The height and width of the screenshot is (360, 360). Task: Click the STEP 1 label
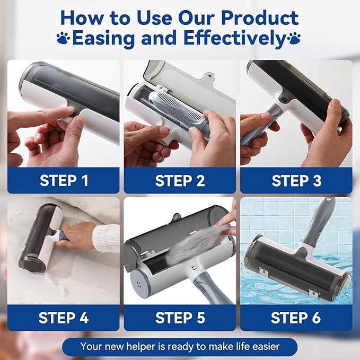64,180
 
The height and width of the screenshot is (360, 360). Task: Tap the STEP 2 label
180,180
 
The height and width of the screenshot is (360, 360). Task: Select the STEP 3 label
296,180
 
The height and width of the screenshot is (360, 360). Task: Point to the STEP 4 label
64,318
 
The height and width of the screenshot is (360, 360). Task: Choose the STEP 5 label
180,318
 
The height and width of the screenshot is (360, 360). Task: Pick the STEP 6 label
296,318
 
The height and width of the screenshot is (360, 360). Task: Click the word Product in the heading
260,18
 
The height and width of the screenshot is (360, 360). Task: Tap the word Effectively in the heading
234,38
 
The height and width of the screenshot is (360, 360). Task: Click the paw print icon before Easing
64,38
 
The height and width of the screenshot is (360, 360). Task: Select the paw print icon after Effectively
294,38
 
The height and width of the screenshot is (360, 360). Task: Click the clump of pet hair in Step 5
195,243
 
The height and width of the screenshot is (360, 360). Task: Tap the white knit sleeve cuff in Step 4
106,238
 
